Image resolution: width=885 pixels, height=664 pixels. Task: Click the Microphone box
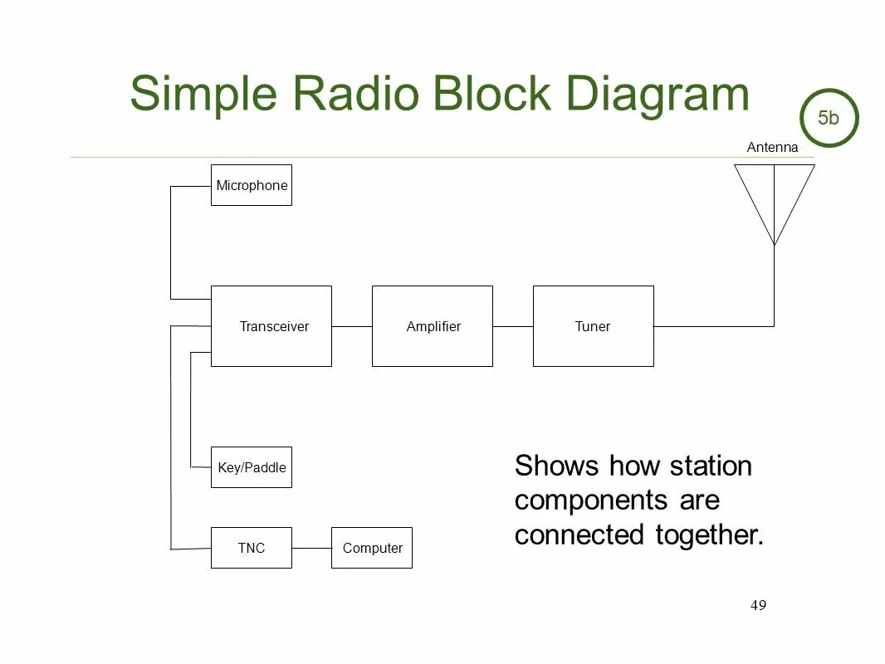(251, 185)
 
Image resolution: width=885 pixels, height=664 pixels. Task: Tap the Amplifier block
(433, 326)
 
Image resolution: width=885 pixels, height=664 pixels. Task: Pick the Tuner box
(593, 326)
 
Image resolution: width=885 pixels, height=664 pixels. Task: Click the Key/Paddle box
(251, 467)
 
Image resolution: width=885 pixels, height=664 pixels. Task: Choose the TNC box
(251, 548)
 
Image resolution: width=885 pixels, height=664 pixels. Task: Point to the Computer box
(372, 548)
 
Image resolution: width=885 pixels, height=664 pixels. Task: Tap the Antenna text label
(772, 148)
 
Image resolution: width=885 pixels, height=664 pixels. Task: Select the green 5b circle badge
(829, 118)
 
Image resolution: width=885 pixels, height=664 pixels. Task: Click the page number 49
(758, 605)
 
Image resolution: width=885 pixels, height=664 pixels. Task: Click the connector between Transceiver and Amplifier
(352, 326)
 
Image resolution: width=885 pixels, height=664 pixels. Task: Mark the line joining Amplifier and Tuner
(512, 326)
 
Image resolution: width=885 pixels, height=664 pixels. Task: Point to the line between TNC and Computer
(311, 548)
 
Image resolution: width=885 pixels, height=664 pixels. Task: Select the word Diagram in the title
(658, 95)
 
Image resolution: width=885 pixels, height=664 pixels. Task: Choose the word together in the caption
(708, 535)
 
